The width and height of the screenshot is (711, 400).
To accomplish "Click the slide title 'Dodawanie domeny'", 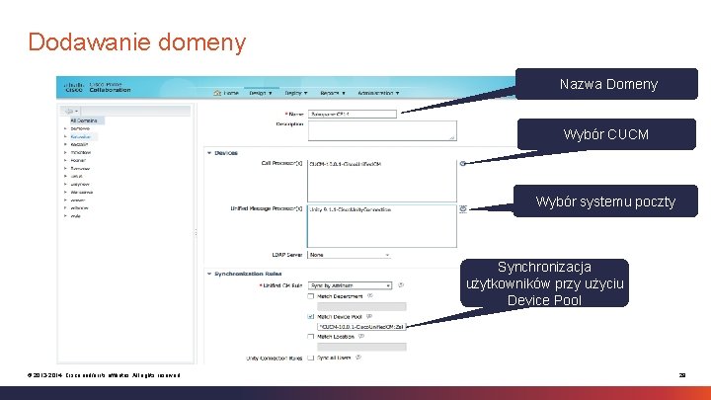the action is (136, 42).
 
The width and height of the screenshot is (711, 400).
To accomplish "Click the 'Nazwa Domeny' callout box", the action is (608, 84).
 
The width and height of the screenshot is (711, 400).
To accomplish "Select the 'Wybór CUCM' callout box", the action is (605, 133).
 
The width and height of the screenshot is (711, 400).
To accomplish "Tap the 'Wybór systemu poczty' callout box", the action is (605, 201).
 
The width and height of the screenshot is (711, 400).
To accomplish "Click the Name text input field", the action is (353, 114).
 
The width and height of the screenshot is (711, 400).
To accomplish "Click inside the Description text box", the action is (382, 130).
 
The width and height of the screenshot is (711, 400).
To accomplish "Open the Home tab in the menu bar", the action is (227, 93).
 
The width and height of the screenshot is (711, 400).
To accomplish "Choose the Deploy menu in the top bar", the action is (295, 93).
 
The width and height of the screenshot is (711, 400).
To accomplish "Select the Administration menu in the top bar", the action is (378, 93).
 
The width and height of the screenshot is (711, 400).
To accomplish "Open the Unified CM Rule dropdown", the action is (351, 284).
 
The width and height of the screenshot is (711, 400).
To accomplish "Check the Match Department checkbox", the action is (312, 294).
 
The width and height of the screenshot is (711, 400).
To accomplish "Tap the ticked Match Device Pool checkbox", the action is (312, 316).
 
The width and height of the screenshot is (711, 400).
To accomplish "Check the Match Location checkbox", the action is (312, 337).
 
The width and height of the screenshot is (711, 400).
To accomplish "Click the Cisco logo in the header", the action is (73, 87).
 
